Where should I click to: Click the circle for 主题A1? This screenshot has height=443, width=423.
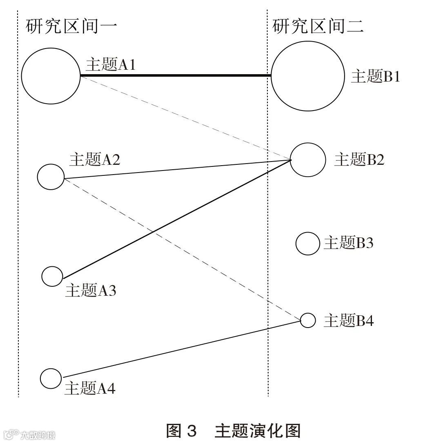pos(51,75)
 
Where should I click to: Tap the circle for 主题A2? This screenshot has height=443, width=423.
pos(51,177)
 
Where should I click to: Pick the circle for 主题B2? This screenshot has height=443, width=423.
pos(307,159)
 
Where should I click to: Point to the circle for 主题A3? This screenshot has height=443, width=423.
pos(52,276)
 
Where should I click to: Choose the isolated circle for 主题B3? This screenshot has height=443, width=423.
pos(307,244)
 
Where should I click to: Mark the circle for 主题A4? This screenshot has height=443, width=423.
pos(51,378)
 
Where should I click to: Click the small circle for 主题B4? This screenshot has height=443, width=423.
pos(308,320)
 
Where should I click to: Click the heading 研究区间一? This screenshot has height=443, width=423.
pos(71,27)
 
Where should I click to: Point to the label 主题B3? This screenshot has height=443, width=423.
pos(348,243)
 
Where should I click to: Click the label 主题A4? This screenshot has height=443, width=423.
pos(90,389)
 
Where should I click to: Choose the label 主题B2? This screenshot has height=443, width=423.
pos(359,159)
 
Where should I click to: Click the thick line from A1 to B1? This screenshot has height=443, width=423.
pos(176,75)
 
